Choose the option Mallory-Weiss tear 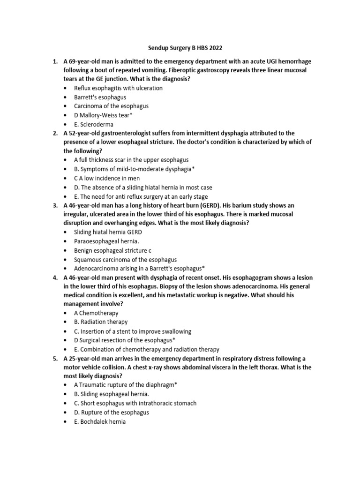(106, 115)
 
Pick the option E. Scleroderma (94, 124)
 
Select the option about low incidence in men (106, 178)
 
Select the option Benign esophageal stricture (112, 250)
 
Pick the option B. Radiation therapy (100, 322)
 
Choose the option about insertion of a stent (132, 331)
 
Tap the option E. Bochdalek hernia (100, 421)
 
